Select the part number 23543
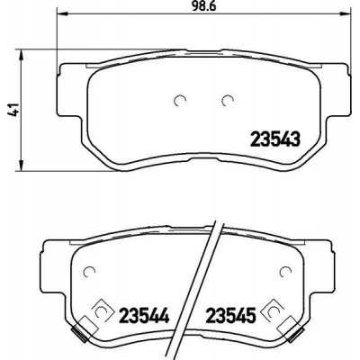coord(274,139)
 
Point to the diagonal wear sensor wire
coord(206,270)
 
